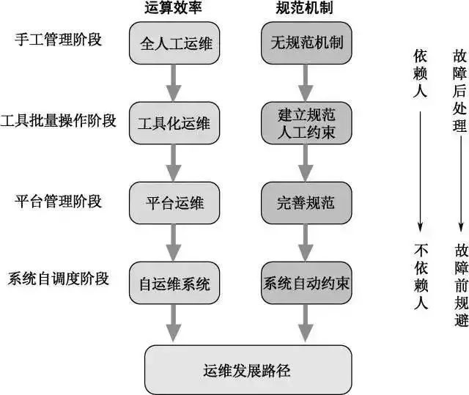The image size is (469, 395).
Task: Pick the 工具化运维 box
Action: tap(174, 122)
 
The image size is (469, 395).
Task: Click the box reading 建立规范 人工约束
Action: tap(304, 122)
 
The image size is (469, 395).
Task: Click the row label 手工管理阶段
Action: tap(58, 40)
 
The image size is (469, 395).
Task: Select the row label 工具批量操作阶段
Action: tap(59, 120)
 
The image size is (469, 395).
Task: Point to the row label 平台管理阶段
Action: tap(58, 200)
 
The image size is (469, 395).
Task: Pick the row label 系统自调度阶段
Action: tap(59, 279)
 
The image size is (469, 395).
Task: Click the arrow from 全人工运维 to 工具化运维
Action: tap(174, 82)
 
